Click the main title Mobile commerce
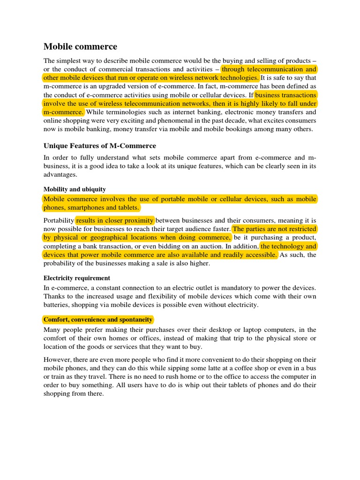tap(80, 46)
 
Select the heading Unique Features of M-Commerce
tap(100, 146)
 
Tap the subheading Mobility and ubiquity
tap(75, 189)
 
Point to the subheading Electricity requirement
tap(77, 278)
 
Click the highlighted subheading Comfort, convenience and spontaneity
tap(98, 319)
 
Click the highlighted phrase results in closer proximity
tap(115, 220)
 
